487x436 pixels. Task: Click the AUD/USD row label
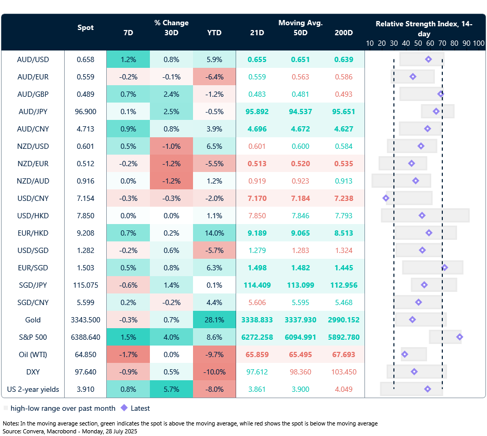(x=33, y=59)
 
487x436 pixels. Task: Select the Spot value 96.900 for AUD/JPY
(x=86, y=111)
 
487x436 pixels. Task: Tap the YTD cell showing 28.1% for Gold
(x=214, y=320)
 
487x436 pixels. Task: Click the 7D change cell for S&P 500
(x=128, y=337)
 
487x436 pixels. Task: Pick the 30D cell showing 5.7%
(x=171, y=389)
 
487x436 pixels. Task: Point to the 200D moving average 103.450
(x=344, y=372)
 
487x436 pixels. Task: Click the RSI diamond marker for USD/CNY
(x=386, y=198)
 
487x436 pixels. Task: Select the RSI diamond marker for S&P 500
(x=460, y=337)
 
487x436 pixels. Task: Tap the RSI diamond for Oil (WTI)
(x=404, y=354)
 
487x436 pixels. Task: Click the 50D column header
(x=300, y=33)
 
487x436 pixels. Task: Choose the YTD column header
(x=214, y=33)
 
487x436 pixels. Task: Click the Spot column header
(x=86, y=27)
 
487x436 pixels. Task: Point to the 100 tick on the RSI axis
(x=479, y=43)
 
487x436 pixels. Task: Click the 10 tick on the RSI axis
(x=370, y=43)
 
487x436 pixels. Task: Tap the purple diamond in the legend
(x=124, y=408)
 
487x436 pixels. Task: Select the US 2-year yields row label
(x=33, y=389)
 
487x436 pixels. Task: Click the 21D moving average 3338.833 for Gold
(x=258, y=320)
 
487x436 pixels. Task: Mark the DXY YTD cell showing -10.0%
(x=214, y=372)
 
